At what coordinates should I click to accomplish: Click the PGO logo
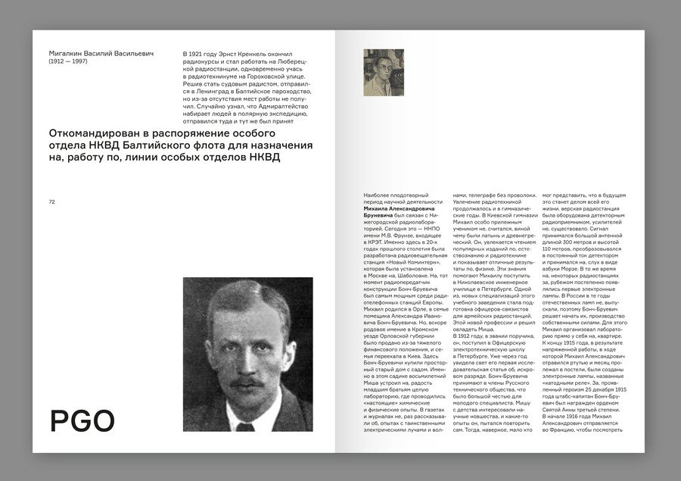(82, 420)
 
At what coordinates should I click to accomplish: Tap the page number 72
(52, 202)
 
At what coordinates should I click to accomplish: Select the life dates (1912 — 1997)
(68, 61)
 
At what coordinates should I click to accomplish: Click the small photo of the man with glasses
(384, 73)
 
